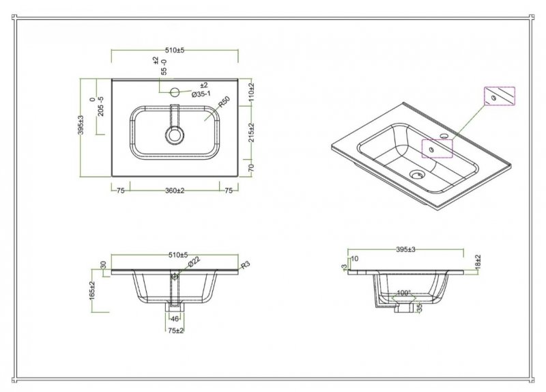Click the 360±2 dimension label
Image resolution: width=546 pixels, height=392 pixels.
(x=175, y=191)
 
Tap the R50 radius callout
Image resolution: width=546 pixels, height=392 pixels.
(x=224, y=102)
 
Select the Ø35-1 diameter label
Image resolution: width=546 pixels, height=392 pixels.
(x=201, y=94)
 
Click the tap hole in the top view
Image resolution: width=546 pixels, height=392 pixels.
(x=175, y=92)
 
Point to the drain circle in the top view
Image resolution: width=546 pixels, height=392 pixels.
(x=175, y=135)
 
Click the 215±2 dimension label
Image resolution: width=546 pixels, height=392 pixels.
(x=252, y=132)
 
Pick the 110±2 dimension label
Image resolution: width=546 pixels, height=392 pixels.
(x=252, y=92)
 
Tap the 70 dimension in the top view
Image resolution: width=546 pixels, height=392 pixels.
(x=252, y=167)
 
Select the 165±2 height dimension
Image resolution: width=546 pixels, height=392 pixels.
(x=92, y=290)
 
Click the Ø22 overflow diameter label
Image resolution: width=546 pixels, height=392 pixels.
(x=194, y=262)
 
